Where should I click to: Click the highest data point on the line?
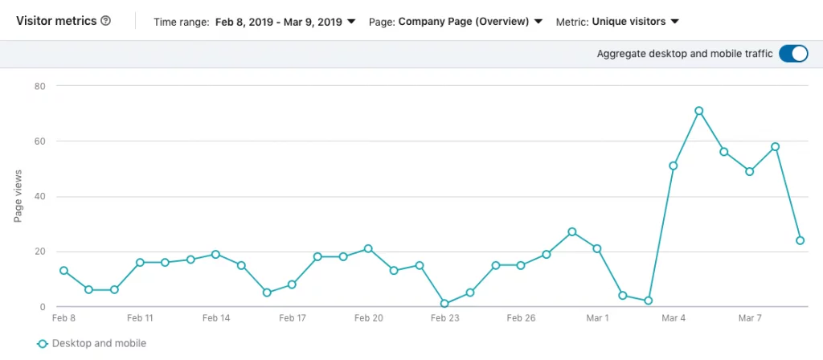(x=698, y=111)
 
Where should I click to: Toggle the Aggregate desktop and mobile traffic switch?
(x=793, y=54)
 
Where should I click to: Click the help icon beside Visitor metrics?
(x=105, y=20)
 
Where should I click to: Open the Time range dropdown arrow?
(x=350, y=22)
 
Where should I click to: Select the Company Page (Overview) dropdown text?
(x=463, y=21)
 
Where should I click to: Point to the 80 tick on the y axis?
(x=39, y=86)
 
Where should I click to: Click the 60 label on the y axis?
(x=39, y=141)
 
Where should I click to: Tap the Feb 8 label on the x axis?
(x=63, y=318)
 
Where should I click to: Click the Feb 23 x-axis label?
(x=444, y=318)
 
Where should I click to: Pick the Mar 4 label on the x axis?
(x=674, y=318)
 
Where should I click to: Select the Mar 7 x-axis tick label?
(x=750, y=318)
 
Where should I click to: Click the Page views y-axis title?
(x=18, y=196)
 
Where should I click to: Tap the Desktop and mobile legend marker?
(x=43, y=344)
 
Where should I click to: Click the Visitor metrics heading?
(x=55, y=20)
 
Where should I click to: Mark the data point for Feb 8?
(x=63, y=271)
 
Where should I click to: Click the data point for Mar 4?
(x=674, y=166)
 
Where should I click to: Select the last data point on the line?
(x=800, y=240)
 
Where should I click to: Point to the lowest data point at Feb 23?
(x=444, y=304)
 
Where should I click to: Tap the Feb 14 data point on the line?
(x=215, y=254)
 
